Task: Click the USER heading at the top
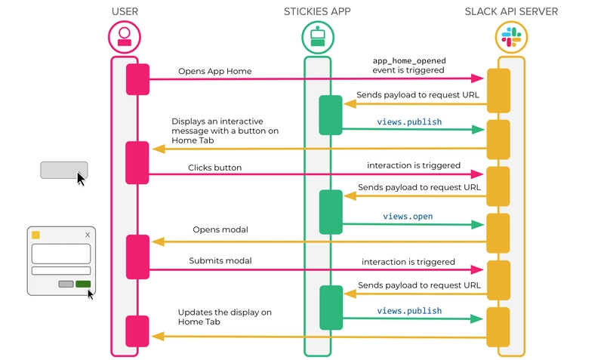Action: click(125, 11)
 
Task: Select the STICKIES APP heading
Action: click(317, 11)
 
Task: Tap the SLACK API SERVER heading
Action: click(511, 11)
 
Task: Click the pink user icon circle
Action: click(125, 36)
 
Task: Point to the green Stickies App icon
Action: click(317, 36)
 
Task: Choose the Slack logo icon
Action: click(511, 36)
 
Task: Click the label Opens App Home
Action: click(214, 72)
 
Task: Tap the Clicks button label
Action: click(215, 168)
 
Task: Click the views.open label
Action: click(408, 217)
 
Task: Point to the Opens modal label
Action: click(220, 229)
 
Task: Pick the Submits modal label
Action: click(220, 261)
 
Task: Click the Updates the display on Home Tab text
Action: click(224, 316)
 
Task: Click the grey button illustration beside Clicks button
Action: click(63, 170)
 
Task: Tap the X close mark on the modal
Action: click(88, 235)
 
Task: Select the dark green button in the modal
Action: click(83, 285)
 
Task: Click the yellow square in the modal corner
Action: click(35, 235)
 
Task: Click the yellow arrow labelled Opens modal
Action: click(317, 242)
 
